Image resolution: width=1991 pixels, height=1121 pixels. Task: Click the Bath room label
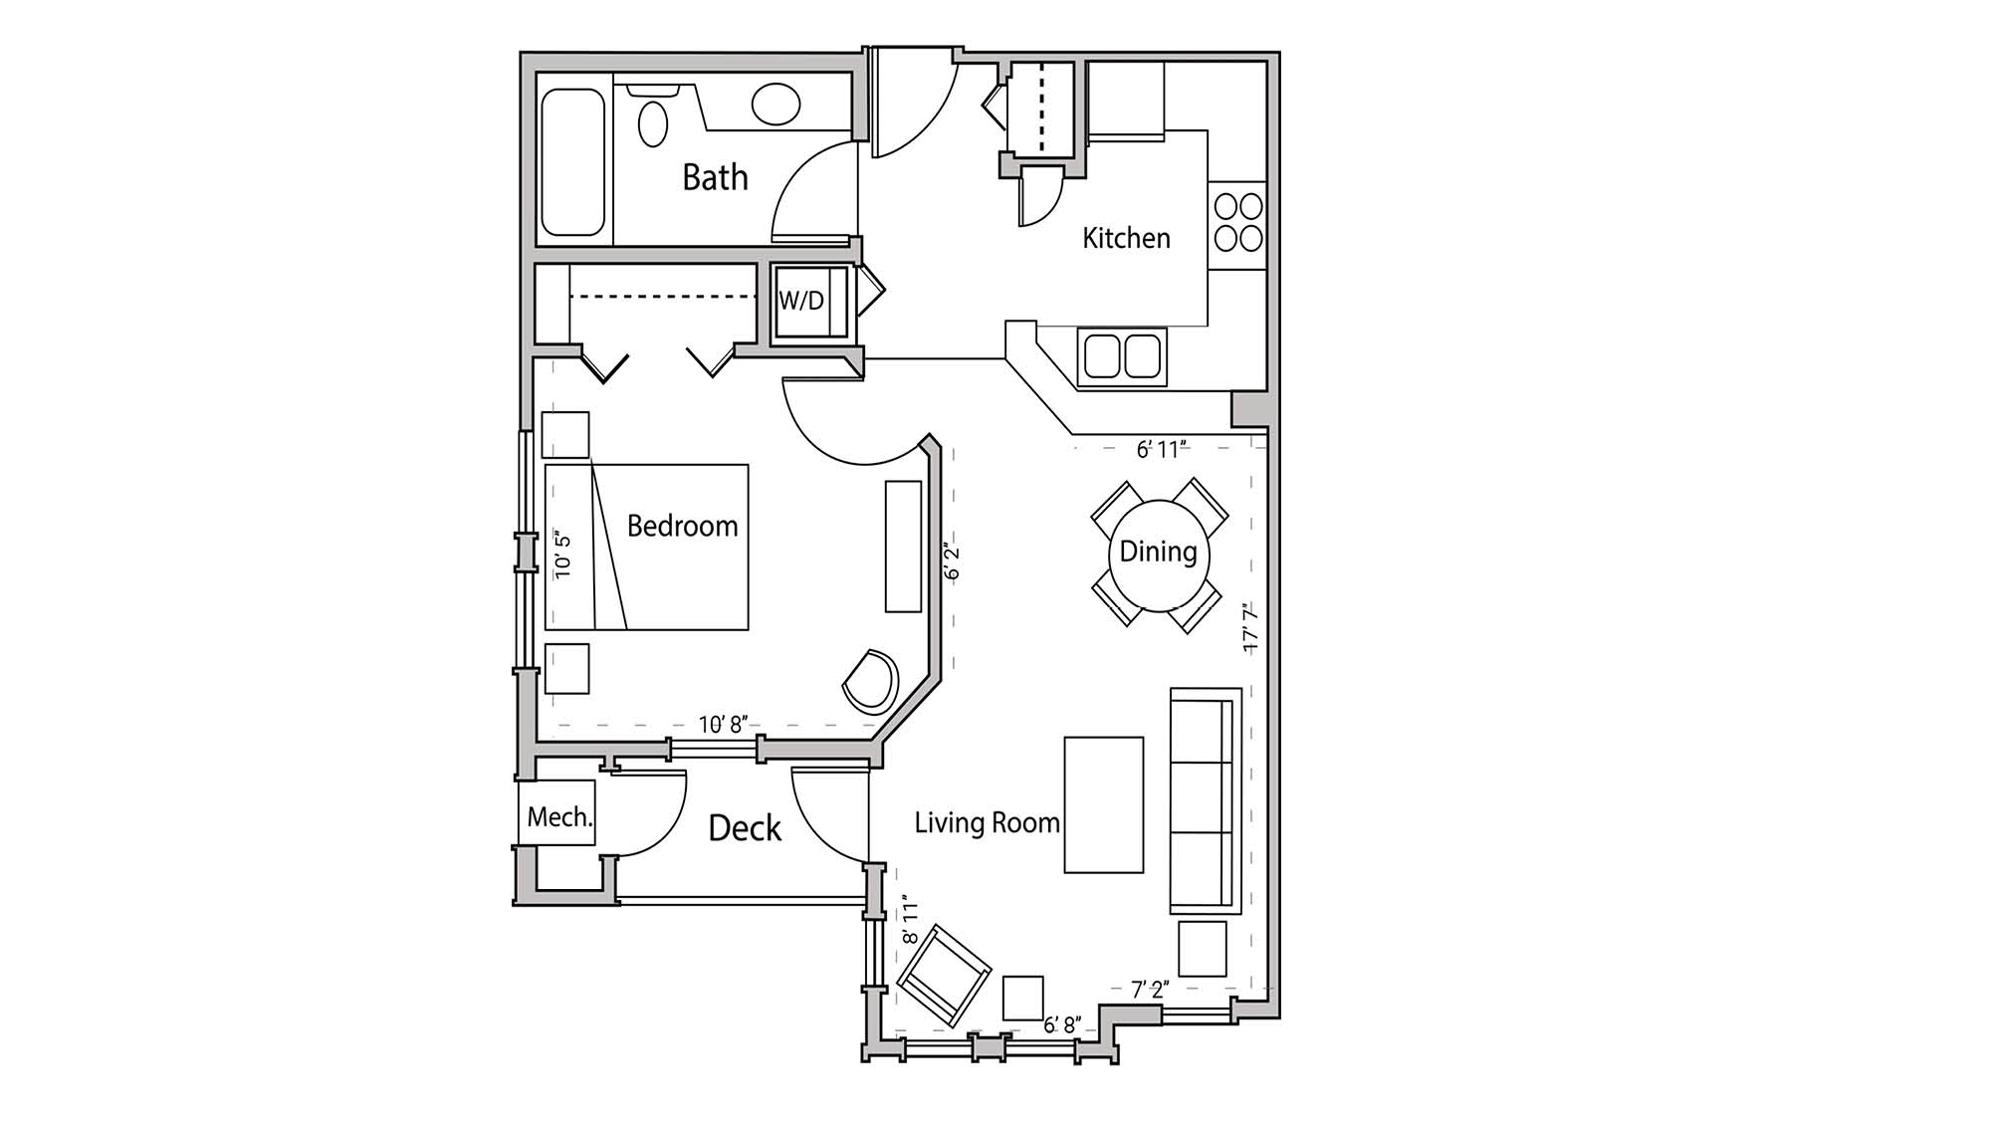[x=715, y=177]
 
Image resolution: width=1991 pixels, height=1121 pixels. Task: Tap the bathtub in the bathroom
[x=572, y=162]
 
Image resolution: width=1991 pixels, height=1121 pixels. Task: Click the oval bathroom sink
[x=775, y=104]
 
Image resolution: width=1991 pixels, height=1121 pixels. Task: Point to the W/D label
[x=801, y=300]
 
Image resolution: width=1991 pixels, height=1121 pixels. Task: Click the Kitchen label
[x=1126, y=238]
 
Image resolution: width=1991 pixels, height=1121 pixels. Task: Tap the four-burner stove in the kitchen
[x=1237, y=222]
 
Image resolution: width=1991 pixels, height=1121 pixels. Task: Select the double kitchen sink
[x=1122, y=356]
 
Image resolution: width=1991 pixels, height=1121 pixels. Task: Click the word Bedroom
[x=682, y=526]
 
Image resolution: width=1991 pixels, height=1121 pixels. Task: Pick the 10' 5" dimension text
[x=562, y=555]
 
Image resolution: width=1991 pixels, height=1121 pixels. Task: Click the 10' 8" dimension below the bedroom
[x=722, y=724]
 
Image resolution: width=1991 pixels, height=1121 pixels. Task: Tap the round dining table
[x=1158, y=555]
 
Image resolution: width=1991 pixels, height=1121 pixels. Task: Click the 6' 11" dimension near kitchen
[x=1162, y=449]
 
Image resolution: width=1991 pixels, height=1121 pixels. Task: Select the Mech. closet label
[x=558, y=817]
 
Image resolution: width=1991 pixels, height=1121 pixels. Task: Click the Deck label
[x=745, y=828]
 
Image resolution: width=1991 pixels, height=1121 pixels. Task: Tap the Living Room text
[x=987, y=822]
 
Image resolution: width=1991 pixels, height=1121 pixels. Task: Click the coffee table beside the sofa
[x=1103, y=804]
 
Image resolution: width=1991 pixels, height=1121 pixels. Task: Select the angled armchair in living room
[x=943, y=975]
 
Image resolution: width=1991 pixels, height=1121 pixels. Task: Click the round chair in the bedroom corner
[x=871, y=682]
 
